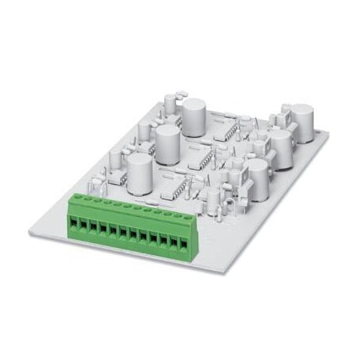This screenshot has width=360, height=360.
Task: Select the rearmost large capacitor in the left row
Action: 194,112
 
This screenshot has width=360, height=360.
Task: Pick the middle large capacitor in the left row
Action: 167,142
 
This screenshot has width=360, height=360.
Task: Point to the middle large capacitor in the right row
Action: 281,146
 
